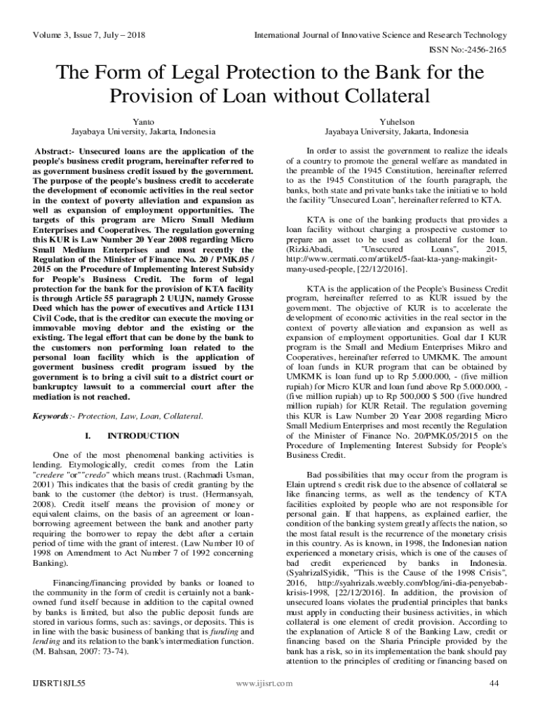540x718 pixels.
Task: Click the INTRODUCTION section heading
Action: point(143,436)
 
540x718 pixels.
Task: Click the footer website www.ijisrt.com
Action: point(264,683)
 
